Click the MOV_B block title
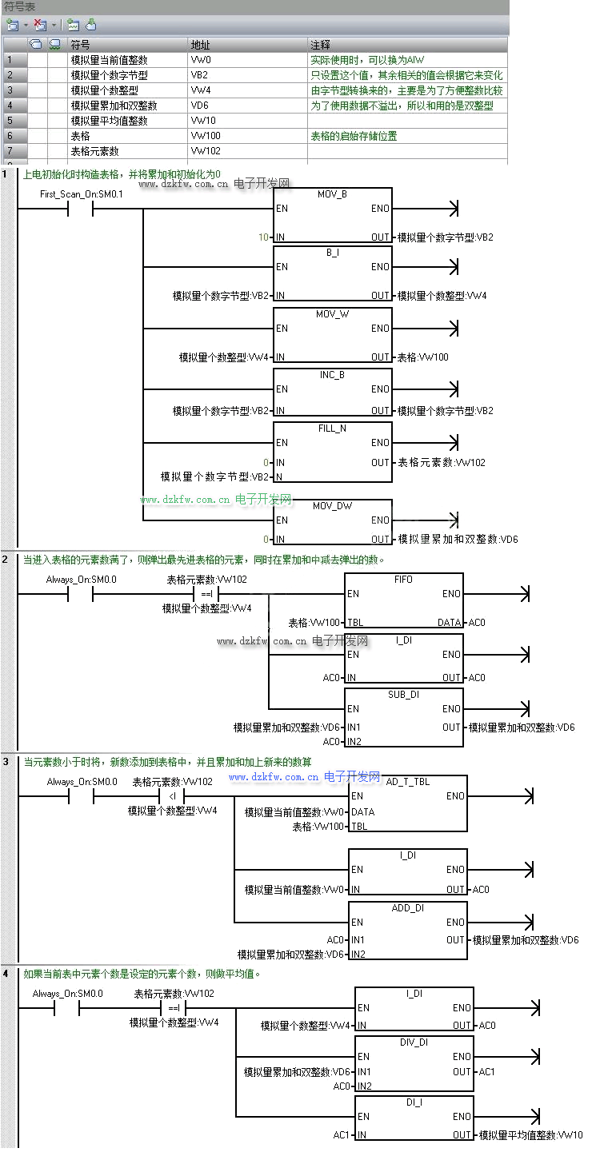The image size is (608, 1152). coord(333,194)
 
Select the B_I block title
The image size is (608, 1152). coord(333,253)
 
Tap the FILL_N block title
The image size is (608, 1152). coord(332,429)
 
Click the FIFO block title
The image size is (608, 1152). coord(403,579)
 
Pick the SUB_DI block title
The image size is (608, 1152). coord(403,695)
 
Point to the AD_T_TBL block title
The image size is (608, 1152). coord(408,781)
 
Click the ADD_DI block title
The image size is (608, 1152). coord(408,908)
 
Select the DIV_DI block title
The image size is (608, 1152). coord(414,1042)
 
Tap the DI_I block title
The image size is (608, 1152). coord(414,1102)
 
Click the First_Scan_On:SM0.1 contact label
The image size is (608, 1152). coord(82,194)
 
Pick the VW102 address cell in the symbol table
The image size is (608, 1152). coord(206,151)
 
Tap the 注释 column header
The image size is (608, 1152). coord(320,45)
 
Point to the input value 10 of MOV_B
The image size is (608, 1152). coord(263,237)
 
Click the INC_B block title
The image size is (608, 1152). coord(332,374)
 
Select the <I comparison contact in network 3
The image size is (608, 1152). coord(172,797)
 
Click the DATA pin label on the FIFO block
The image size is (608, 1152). coord(450,622)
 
